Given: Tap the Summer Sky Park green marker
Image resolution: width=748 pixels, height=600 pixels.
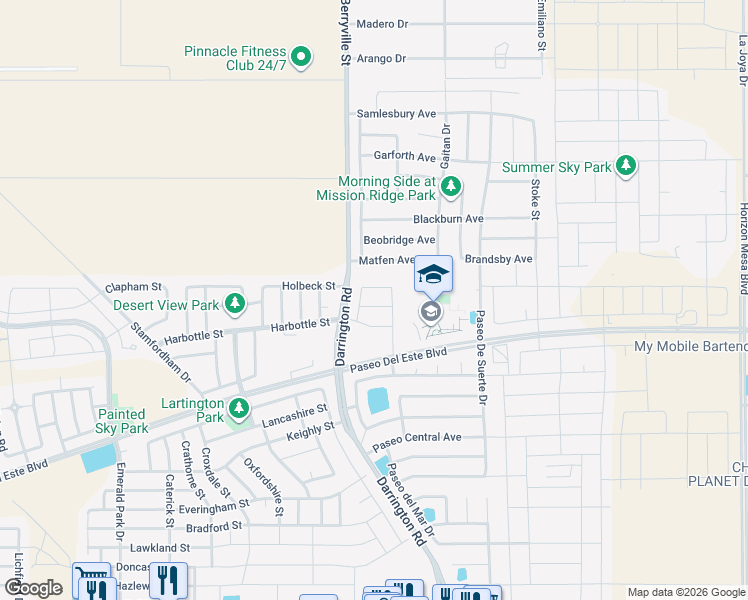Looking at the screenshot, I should click(626, 165).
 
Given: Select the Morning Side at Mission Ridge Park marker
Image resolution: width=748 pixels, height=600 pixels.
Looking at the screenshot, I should click(451, 185).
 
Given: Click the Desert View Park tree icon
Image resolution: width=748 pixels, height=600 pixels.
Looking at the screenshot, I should click(234, 303).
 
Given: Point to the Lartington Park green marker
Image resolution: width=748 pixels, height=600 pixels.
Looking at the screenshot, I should click(239, 408).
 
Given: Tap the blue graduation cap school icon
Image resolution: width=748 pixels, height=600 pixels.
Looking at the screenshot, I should click(433, 274).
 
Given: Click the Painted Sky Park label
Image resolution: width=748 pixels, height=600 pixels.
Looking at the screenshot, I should click(123, 421).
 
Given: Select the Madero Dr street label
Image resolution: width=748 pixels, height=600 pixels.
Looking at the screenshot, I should click(382, 24).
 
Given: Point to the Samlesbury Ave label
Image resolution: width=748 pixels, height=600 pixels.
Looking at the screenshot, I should click(397, 114).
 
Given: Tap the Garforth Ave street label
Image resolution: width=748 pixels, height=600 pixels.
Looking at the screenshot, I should click(405, 157).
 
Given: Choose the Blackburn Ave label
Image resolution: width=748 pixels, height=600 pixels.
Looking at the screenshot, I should click(449, 219).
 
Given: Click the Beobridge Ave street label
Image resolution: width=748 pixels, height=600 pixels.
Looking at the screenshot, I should click(399, 240).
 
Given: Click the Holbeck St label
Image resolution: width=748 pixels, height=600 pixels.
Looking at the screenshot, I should click(308, 286).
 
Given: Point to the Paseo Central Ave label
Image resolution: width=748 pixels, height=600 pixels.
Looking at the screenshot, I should click(417, 437).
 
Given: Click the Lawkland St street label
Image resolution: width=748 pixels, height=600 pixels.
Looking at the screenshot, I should click(159, 548).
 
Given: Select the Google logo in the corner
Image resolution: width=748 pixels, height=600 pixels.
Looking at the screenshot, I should click(33, 588).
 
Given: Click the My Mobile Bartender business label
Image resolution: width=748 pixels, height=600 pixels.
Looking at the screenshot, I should click(691, 347).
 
